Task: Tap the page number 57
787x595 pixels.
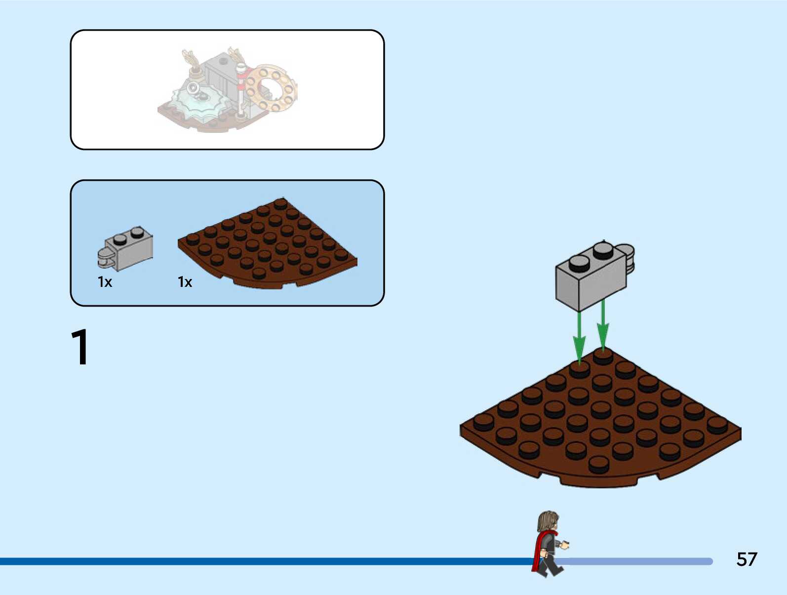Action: tap(746, 559)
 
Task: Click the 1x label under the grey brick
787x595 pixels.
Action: tap(105, 282)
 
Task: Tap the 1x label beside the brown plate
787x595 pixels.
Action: tap(185, 282)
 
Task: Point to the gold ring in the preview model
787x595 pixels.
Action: tap(272, 89)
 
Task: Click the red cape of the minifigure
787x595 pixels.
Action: tap(538, 551)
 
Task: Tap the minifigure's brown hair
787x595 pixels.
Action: tap(547, 521)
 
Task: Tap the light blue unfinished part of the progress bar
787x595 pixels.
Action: tap(642, 561)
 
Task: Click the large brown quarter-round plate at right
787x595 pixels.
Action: tap(600, 425)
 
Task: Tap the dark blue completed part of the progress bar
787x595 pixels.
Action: tap(247, 561)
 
